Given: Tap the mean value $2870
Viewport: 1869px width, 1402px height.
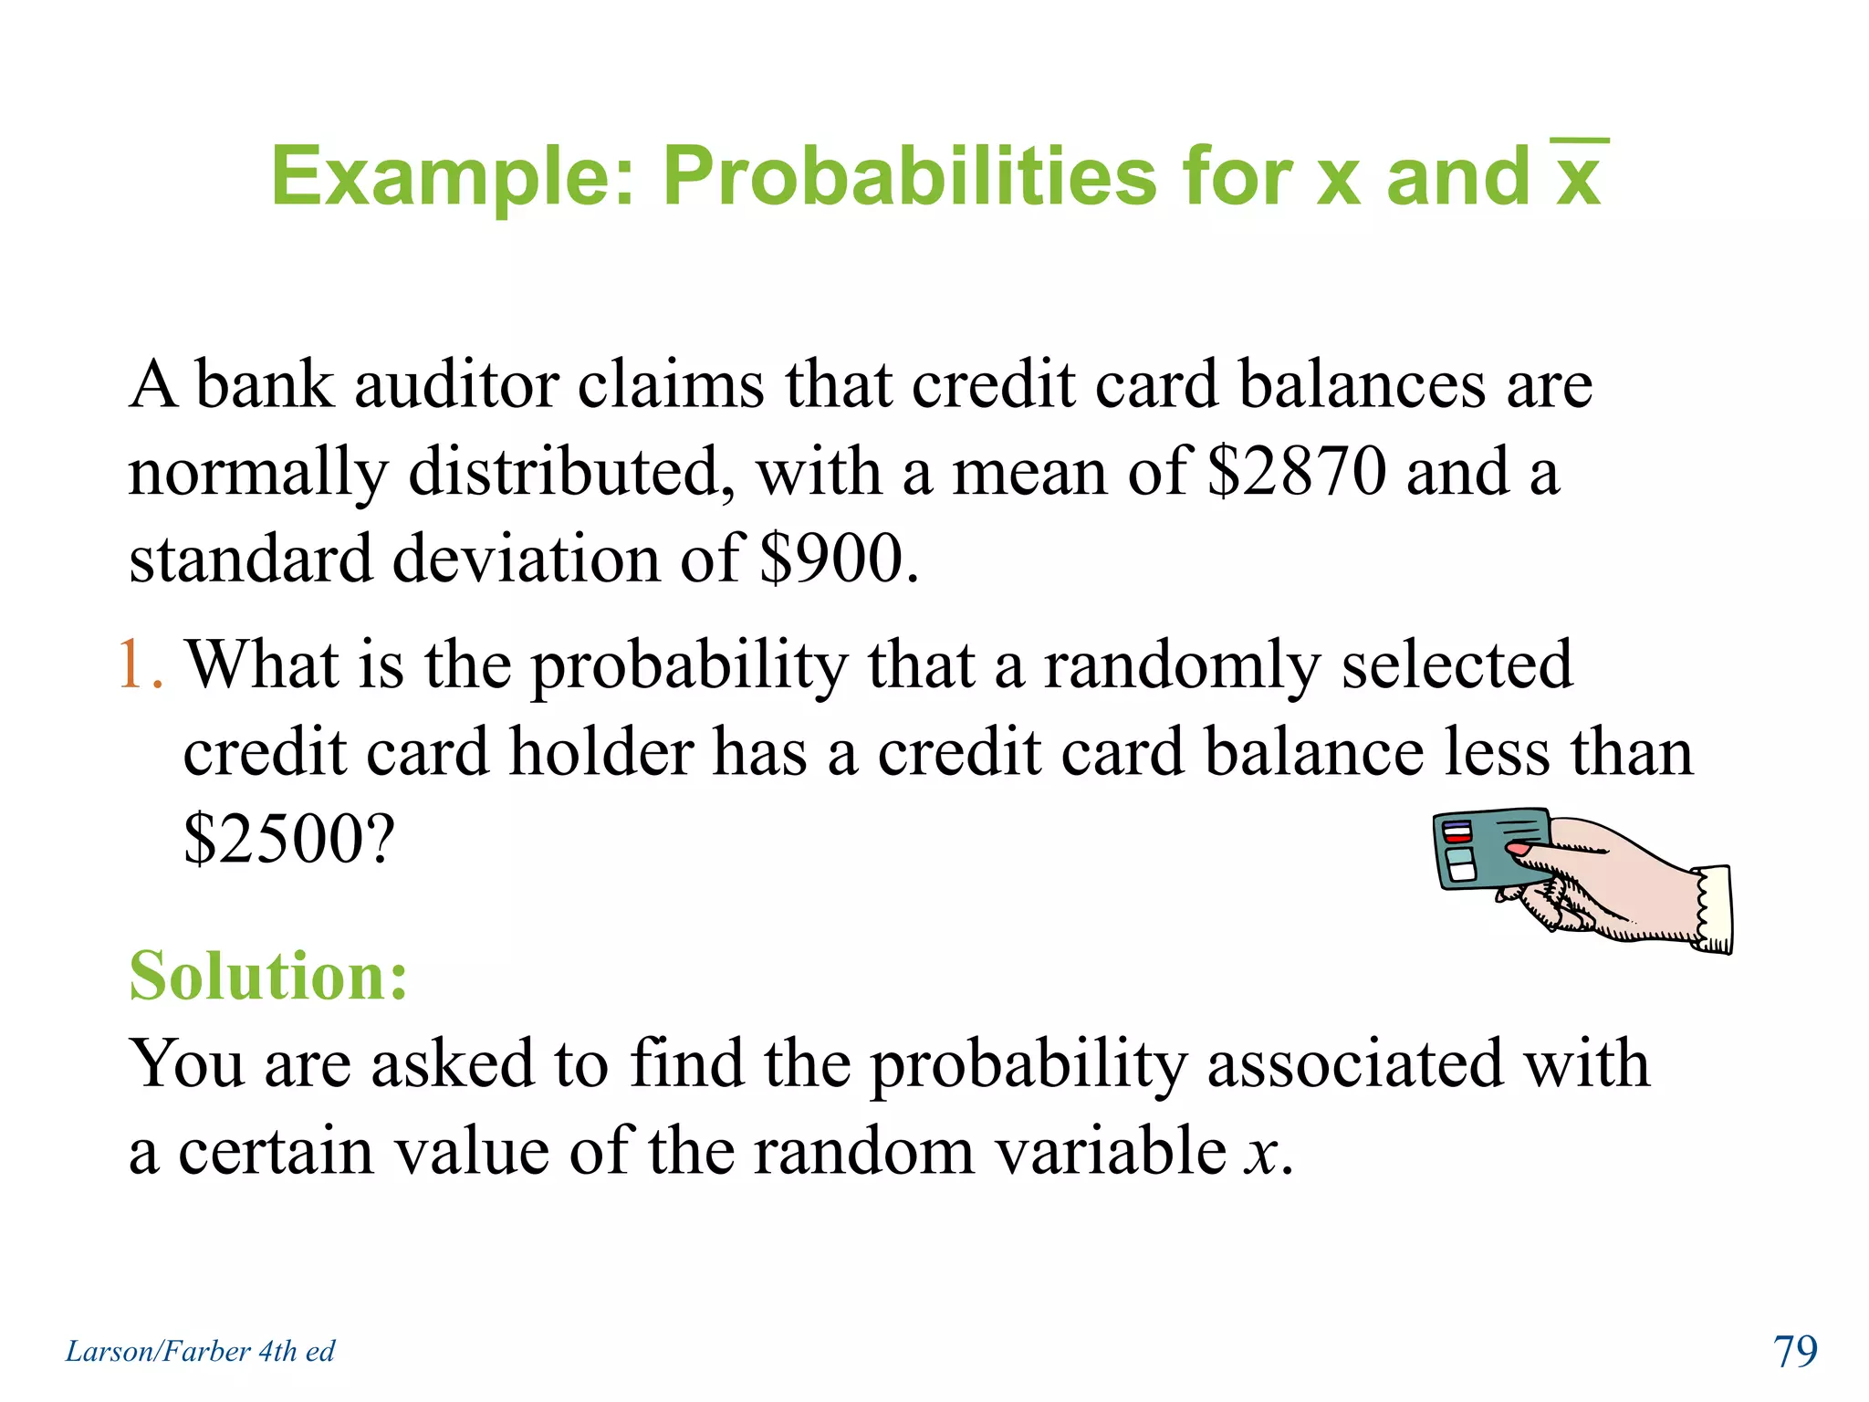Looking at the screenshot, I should [1296, 473].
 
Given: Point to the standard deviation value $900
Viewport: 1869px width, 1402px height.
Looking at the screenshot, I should [838, 560].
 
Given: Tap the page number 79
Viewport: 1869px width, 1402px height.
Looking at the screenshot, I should [1794, 1351].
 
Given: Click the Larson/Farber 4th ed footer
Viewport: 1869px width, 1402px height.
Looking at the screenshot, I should [200, 1351].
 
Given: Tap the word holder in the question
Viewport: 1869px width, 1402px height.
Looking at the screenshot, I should [601, 753].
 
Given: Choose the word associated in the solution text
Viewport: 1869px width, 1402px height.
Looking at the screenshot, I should [1354, 1064].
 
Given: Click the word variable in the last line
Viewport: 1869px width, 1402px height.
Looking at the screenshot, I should [1111, 1152].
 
